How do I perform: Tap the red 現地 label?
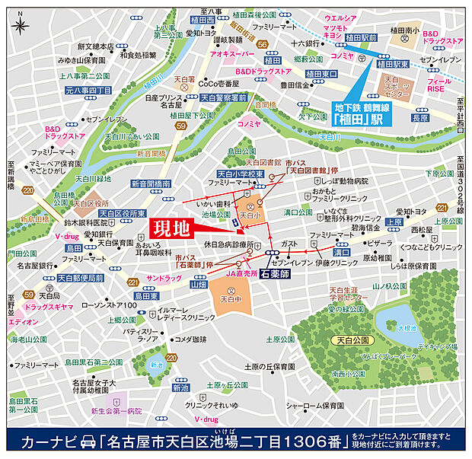click(168, 229)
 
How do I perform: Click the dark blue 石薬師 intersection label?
click(274, 272)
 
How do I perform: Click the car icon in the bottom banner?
click(89, 441)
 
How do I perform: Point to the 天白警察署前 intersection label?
click(223, 97)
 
